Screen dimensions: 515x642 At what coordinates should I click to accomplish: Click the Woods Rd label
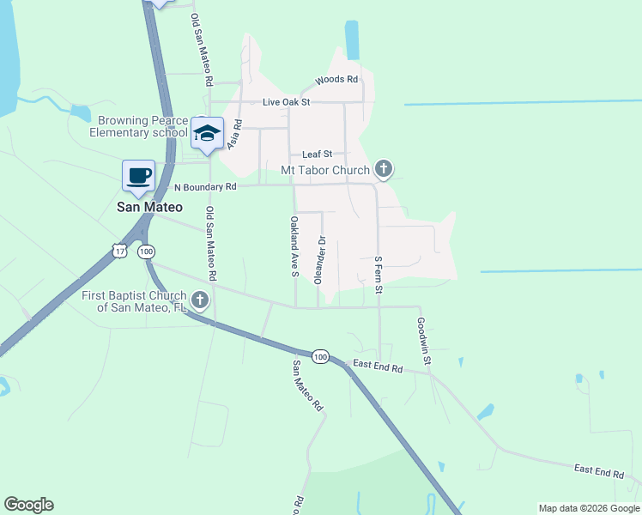[x=336, y=79]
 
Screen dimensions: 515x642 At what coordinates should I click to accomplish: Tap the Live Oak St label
[x=285, y=102]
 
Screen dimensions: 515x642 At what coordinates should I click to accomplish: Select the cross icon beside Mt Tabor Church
[x=383, y=170]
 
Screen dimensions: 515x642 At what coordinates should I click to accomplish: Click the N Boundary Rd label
[x=204, y=186]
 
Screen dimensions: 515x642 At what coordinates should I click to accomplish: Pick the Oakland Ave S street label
[x=294, y=246]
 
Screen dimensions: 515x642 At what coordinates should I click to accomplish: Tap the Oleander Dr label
[x=323, y=259]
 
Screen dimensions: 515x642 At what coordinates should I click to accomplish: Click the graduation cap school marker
[x=207, y=134]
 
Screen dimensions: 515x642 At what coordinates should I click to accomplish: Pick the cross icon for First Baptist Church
[x=200, y=300]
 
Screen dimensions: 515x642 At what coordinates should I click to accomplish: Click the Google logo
[x=28, y=505]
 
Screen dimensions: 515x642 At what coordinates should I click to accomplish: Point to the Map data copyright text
[x=588, y=508]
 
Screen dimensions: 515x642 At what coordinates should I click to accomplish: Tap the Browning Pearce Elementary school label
[x=138, y=127]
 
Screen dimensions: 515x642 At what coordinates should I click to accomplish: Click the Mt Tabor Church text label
[x=325, y=170]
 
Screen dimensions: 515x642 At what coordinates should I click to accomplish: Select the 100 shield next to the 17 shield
[x=146, y=251]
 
